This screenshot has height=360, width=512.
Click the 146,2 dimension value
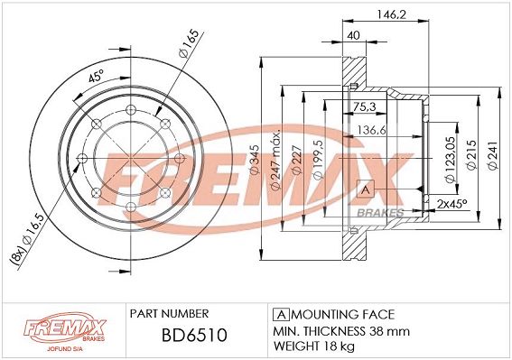pos(392,14)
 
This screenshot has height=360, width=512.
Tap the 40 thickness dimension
pos(353,35)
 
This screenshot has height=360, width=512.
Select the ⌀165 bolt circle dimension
pos(189,43)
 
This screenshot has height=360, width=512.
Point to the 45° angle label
pos(96,76)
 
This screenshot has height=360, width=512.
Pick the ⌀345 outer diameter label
pos(254,160)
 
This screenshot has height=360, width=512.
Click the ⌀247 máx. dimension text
pos(276,160)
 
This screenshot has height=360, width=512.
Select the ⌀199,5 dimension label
pos(318,160)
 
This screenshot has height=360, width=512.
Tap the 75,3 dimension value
pos(364,106)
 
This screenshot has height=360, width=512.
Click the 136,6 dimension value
pos(372,130)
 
